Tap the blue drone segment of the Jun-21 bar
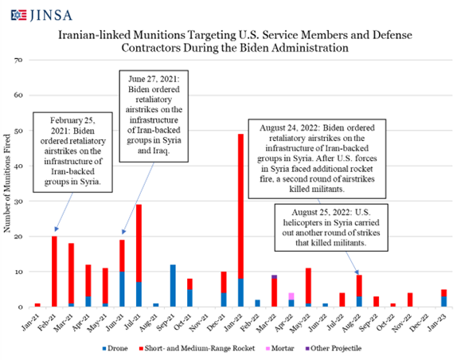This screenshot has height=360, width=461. click(x=122, y=289)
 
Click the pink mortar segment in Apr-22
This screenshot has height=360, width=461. click(x=291, y=296)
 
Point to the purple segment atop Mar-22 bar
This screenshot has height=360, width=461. click(x=275, y=276)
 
